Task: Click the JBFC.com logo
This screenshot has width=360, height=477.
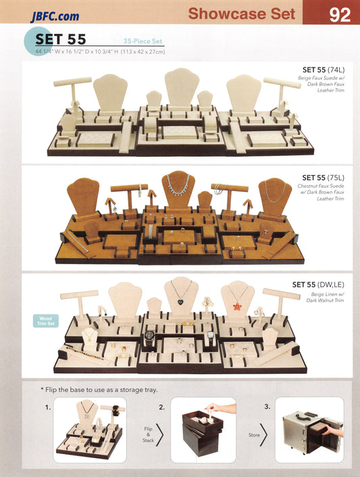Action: pos(55,16)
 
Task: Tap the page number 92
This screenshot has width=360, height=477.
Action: pos(340,15)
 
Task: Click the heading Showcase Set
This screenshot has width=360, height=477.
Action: pos(242,14)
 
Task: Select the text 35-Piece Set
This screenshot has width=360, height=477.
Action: pos(143,41)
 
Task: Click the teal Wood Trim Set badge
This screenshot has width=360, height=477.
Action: pos(46,321)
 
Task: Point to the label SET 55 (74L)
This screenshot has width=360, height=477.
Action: pos(324,70)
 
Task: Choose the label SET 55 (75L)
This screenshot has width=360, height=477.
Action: pos(324,178)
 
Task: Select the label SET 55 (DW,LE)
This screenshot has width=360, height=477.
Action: pos(318,284)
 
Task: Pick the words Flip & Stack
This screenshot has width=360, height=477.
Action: pos(148,434)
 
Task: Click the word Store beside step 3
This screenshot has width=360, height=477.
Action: pos(254,435)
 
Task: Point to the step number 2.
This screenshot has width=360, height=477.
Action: pos(161,407)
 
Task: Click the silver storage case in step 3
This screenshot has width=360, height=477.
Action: pos(310,432)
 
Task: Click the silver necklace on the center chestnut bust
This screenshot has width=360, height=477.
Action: pos(178,185)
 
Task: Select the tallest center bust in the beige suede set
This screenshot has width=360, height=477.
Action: pos(182,88)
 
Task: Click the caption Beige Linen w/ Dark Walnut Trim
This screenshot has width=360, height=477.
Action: pos(325,297)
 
